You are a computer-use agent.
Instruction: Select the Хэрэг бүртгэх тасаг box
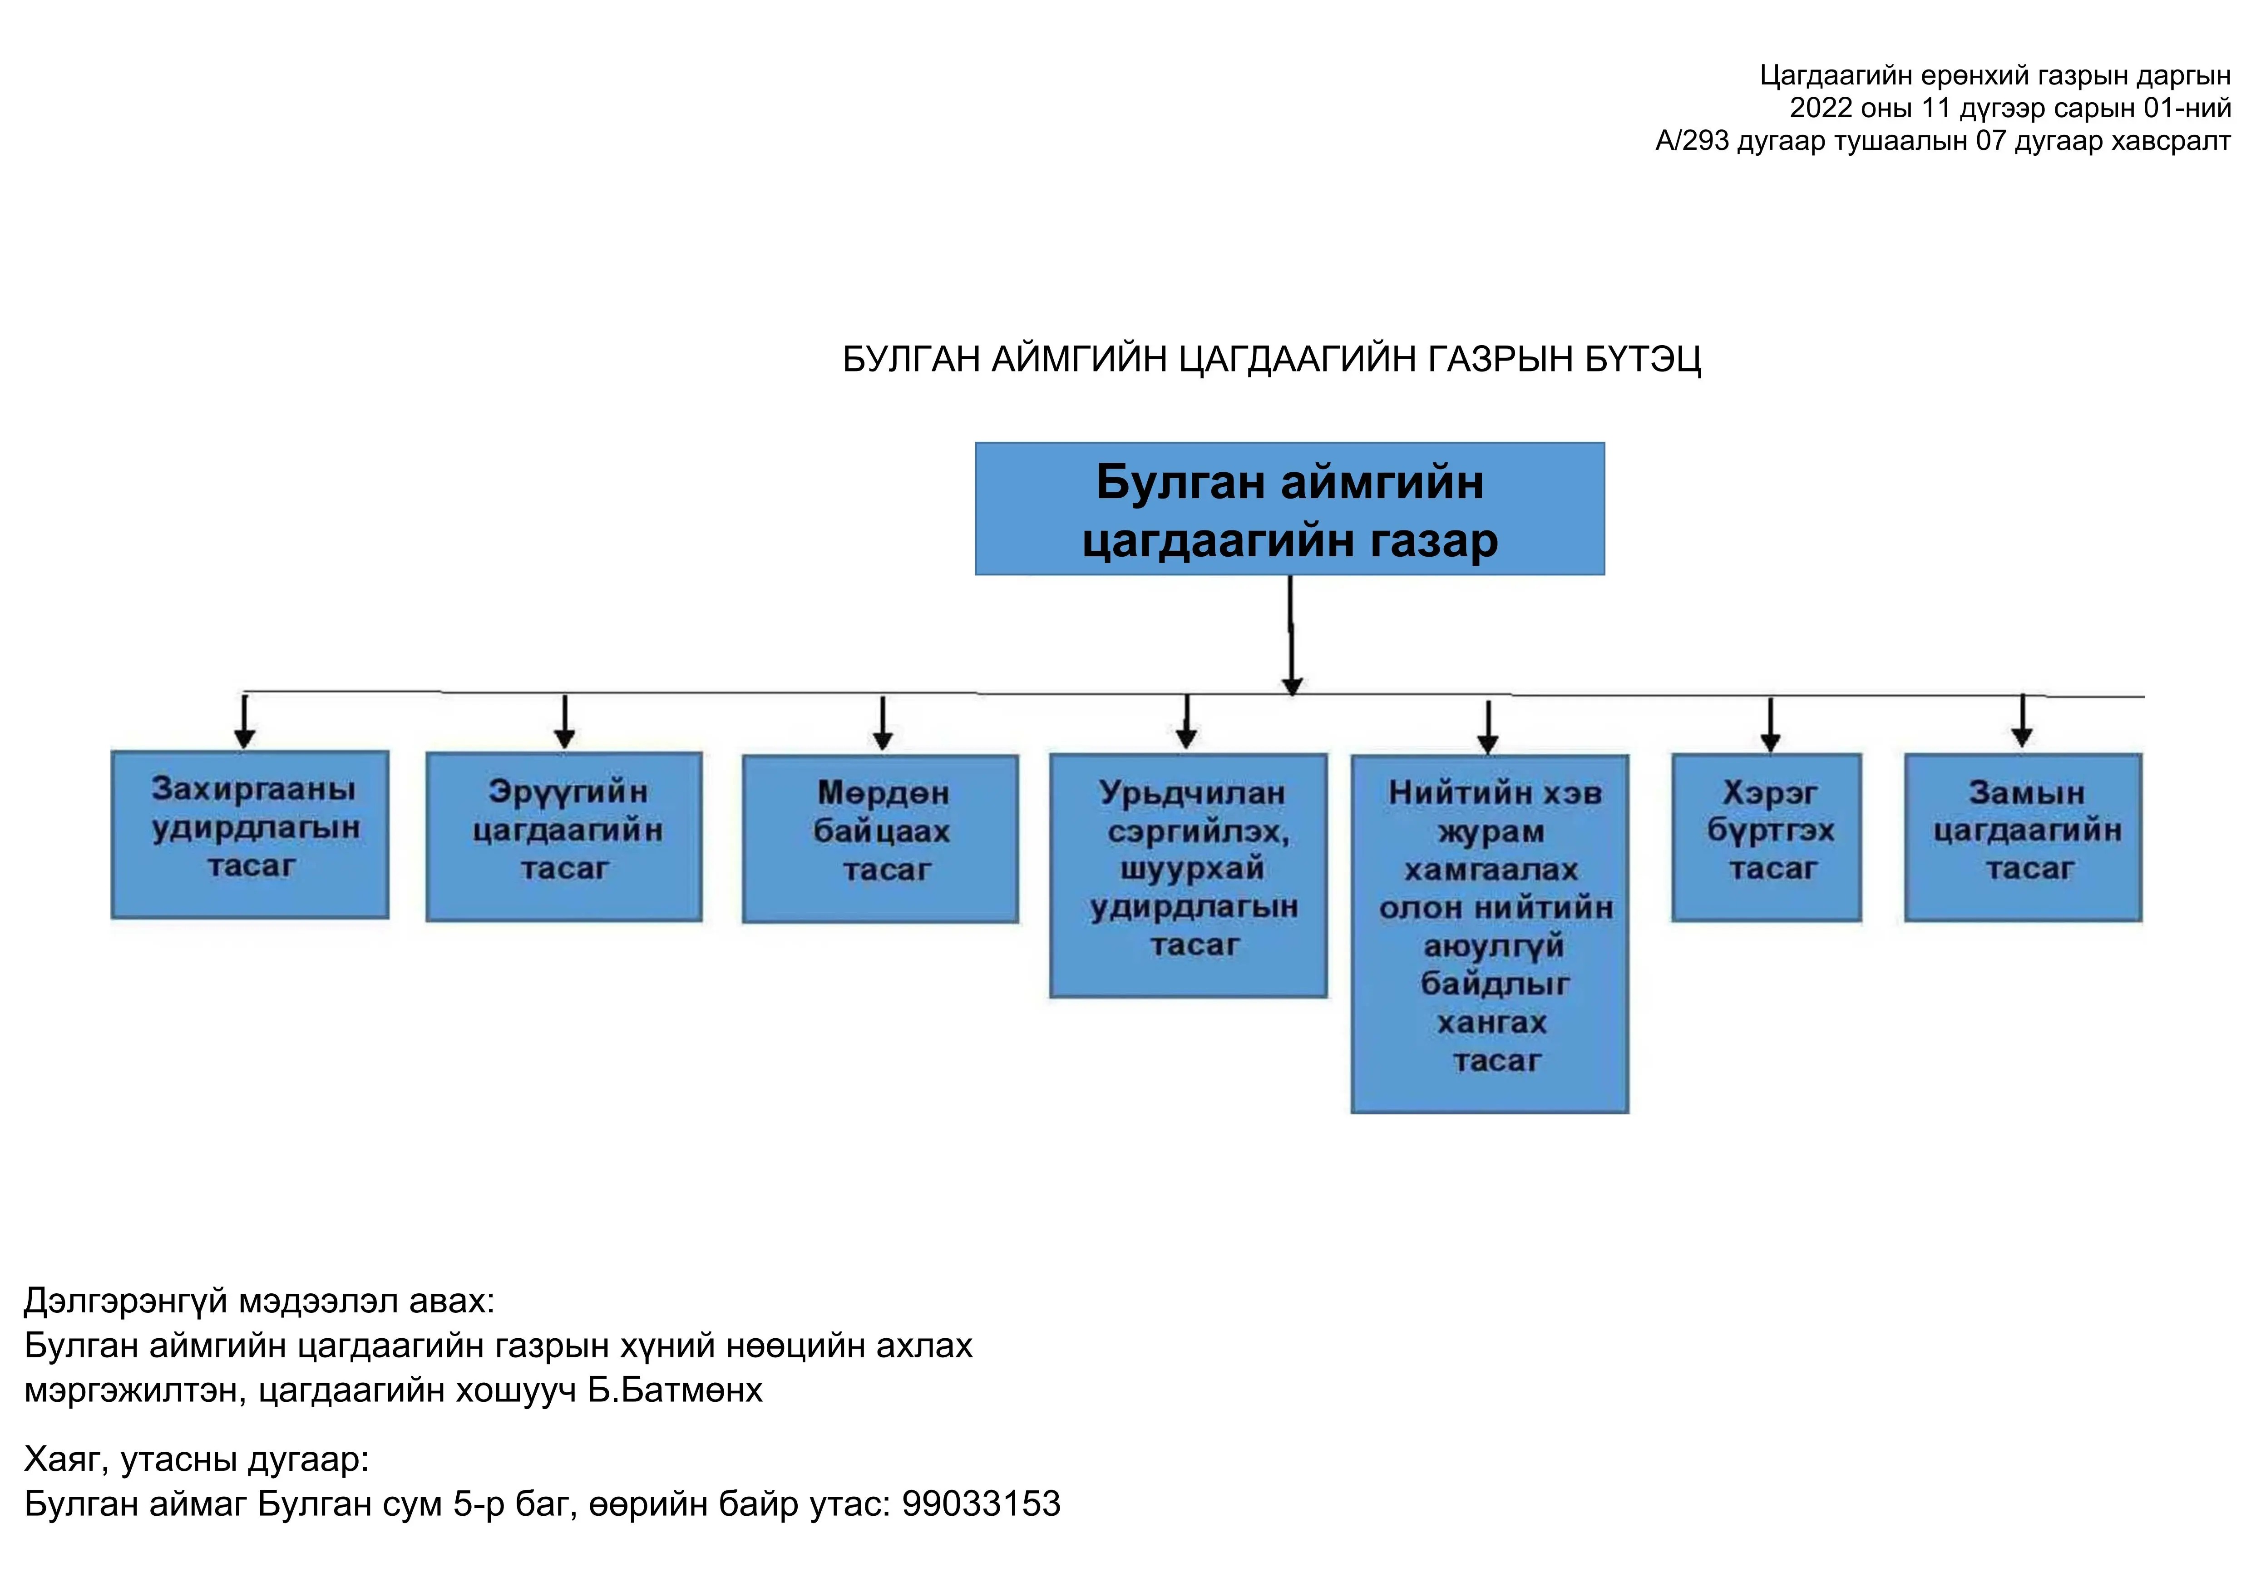coord(1767,837)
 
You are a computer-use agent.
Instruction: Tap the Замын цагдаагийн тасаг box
coord(2023,837)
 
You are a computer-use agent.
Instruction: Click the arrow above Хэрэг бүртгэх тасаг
coord(1770,724)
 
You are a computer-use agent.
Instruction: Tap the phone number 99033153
coord(981,1504)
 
